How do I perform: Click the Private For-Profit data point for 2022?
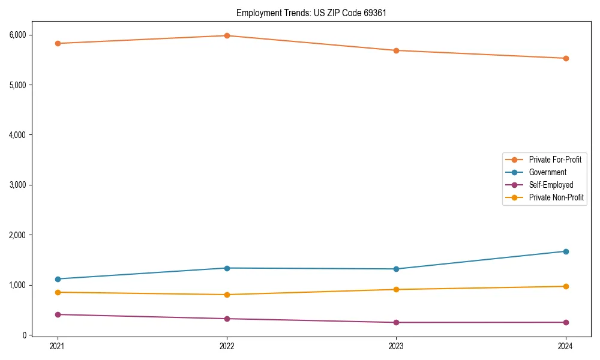(227, 35)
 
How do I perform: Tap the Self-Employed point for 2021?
(58, 314)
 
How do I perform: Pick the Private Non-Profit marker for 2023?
(396, 289)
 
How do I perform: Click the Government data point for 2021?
(58, 279)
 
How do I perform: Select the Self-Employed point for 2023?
(396, 322)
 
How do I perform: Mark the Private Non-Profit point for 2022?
(227, 295)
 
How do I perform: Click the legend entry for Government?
(547, 172)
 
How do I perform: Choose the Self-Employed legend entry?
(551, 185)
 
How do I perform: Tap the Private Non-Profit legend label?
(556, 197)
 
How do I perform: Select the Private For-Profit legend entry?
(555, 160)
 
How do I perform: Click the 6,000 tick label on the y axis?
(17, 35)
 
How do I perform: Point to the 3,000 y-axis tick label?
(17, 185)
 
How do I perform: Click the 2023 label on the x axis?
(396, 346)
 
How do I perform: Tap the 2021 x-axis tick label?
(58, 346)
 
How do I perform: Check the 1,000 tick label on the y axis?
(17, 285)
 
